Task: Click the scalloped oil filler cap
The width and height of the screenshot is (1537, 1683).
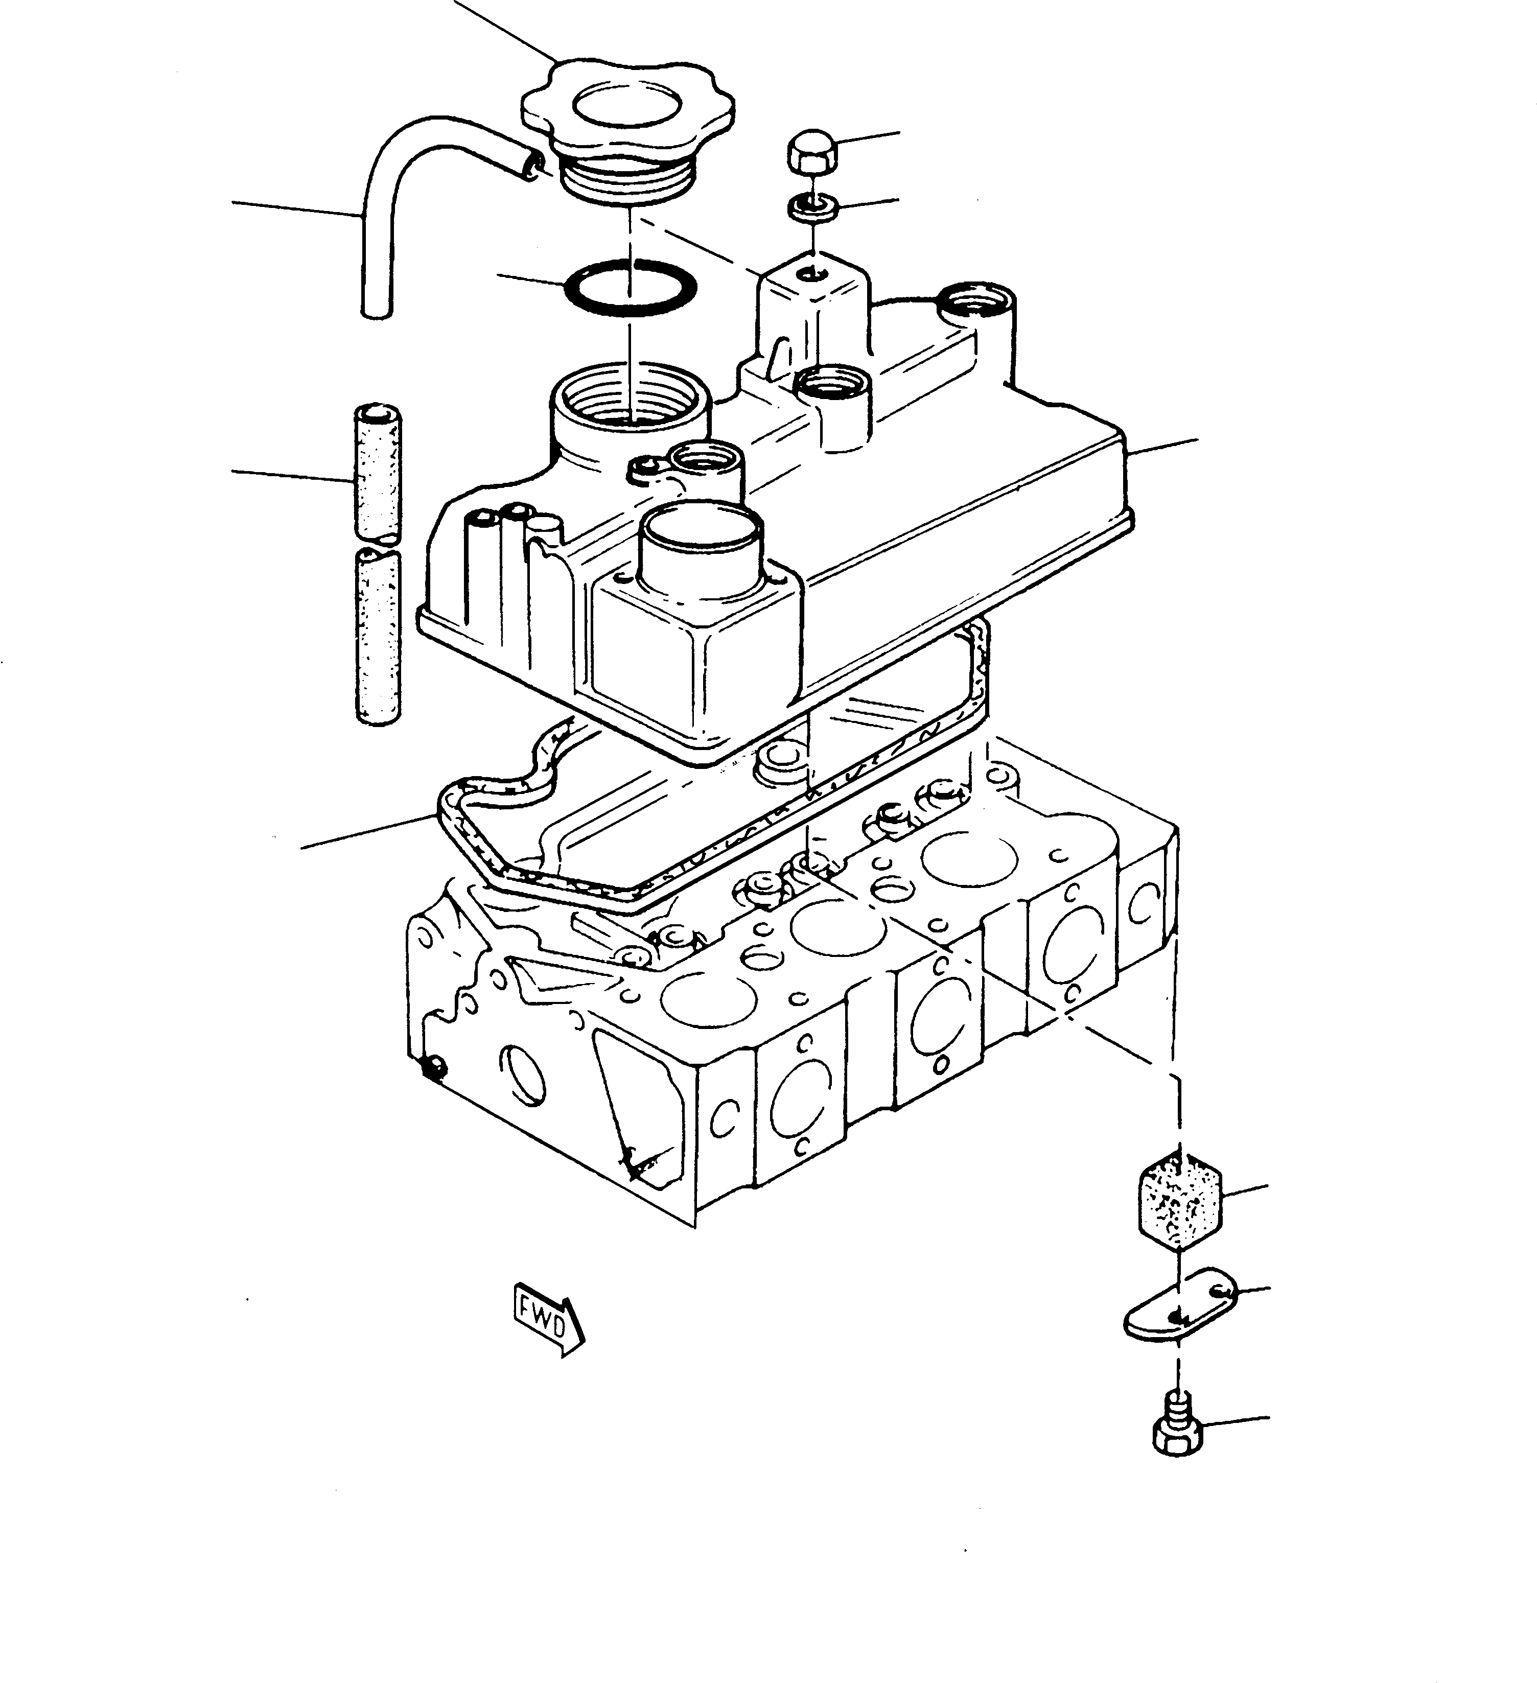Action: (x=626, y=113)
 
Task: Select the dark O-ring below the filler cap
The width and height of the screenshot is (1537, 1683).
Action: (x=631, y=289)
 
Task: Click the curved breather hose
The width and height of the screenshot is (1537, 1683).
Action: (x=392, y=167)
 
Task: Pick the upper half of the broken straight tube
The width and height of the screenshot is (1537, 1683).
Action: (x=378, y=472)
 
